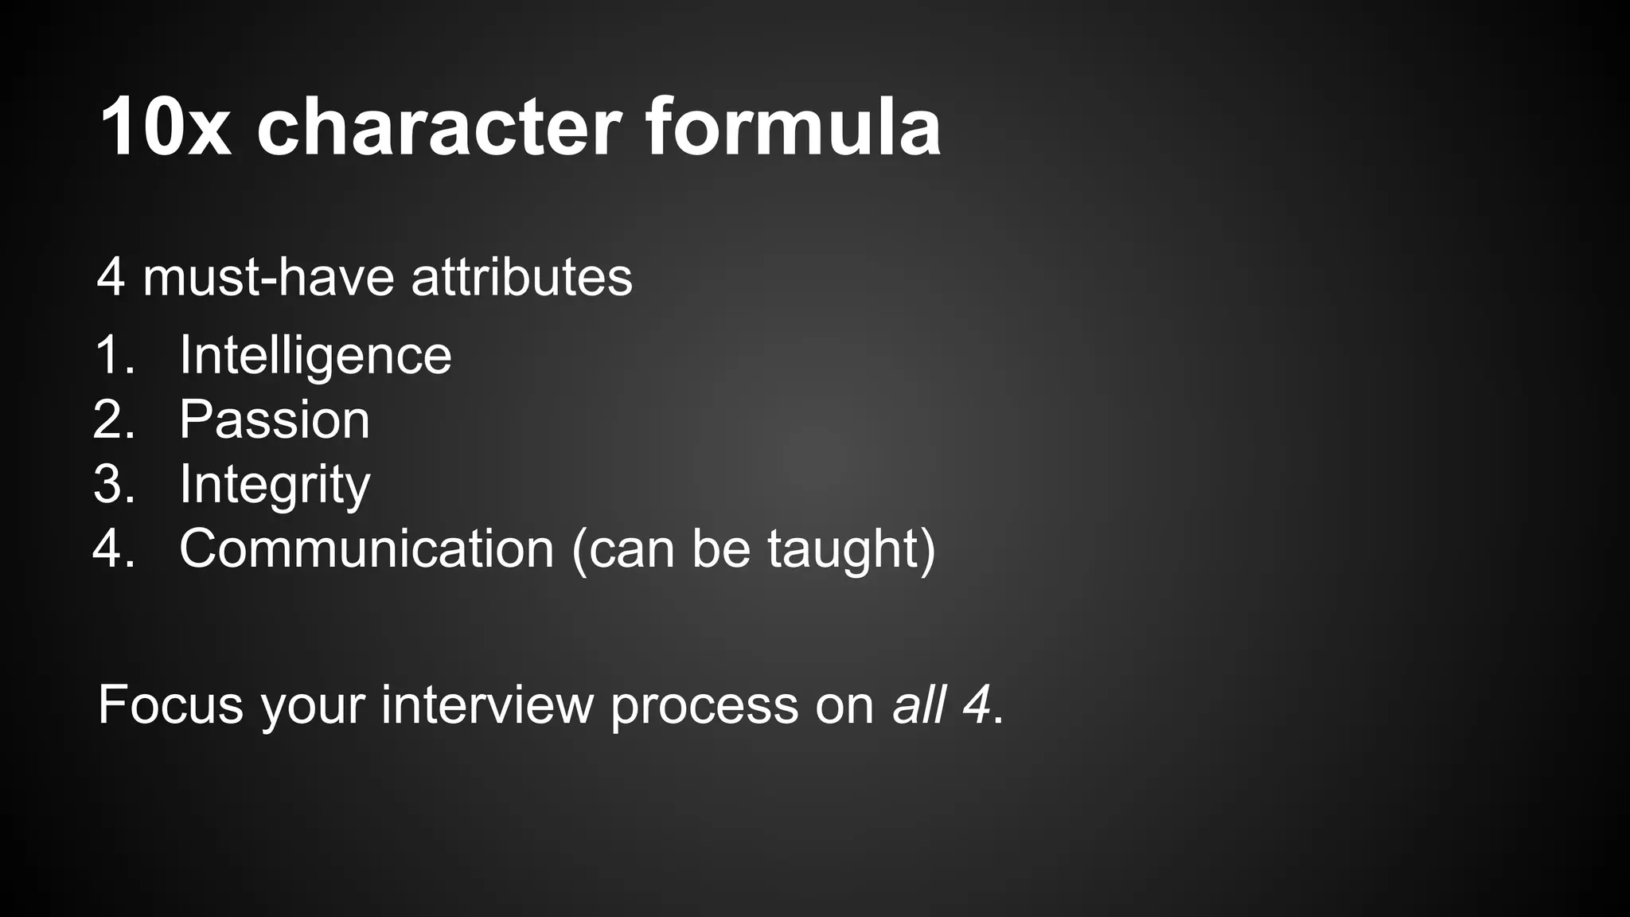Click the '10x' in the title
[x=166, y=127]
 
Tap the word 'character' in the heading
[x=439, y=127]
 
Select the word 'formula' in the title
[x=793, y=127]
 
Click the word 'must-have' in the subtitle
[x=268, y=277]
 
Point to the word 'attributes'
[x=521, y=277]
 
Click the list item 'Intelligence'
[x=315, y=355]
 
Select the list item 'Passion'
[x=275, y=419]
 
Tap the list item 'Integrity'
[x=275, y=484]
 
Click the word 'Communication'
[x=366, y=548]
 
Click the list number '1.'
[x=115, y=355]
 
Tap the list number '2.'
[x=115, y=419]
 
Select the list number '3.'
[x=115, y=484]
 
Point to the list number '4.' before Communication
[x=115, y=548]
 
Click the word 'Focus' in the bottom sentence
[x=170, y=704]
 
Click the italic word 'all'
[x=918, y=704]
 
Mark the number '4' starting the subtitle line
[x=111, y=278]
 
